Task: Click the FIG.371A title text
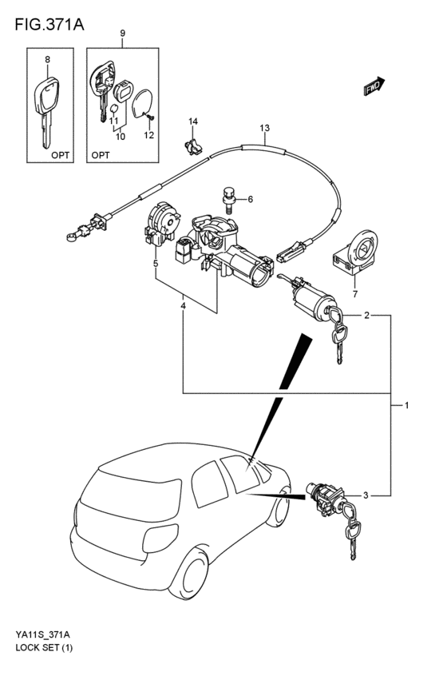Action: pos(49,24)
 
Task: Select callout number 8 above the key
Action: pos(47,59)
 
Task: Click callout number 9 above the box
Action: pos(123,33)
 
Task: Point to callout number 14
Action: pos(193,121)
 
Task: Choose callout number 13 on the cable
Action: pos(265,128)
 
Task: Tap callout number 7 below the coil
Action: pos(355,295)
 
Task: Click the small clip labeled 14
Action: pos(192,146)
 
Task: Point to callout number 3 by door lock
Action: pos(366,495)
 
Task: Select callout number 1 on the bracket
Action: pos(407,405)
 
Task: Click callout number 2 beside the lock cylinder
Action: pos(367,316)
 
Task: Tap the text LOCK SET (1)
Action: pos(44,648)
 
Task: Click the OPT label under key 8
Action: pos(60,155)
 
